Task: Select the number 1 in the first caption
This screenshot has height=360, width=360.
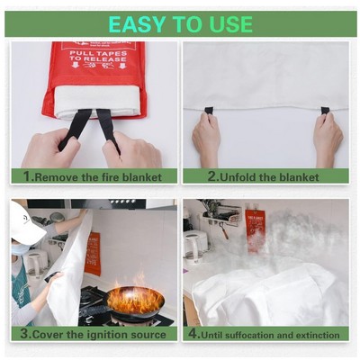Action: click(26, 176)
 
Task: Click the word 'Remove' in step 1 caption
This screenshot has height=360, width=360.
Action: click(59, 176)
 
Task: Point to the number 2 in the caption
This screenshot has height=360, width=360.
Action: click(212, 176)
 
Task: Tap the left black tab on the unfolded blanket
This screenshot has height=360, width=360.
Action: click(209, 111)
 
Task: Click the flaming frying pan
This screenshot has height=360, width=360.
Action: click(135, 299)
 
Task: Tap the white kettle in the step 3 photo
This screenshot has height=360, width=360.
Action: click(36, 262)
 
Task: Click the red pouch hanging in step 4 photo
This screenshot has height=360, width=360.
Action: click(255, 225)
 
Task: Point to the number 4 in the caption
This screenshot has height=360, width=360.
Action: click(192, 333)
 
